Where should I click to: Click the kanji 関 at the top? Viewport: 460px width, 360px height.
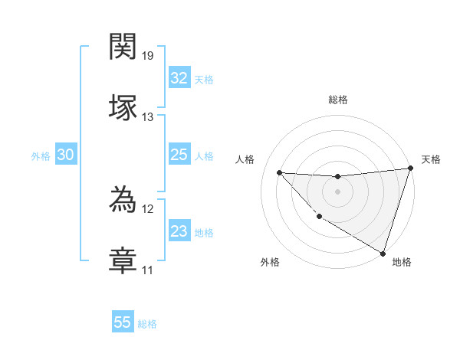pos(123,47)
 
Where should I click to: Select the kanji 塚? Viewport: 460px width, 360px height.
pos(123,106)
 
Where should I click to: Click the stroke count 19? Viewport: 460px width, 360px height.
pos(148,56)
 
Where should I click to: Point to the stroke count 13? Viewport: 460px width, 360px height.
pos(148,116)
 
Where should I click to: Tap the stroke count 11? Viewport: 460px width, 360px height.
pos(148,270)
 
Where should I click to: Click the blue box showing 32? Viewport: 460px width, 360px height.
pos(179,78)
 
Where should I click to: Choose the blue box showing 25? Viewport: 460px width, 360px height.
pos(179,155)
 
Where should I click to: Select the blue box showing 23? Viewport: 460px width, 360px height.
pos(179,232)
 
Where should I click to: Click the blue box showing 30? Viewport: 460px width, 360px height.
pos(66,155)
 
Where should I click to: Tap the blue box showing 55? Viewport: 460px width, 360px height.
pos(123,322)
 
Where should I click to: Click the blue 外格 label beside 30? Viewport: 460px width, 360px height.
pos(41,156)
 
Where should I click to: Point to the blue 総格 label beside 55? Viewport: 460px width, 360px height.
pos(147,324)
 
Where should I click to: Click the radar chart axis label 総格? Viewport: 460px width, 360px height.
pos(337,100)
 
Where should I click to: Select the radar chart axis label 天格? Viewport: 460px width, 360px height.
pos(431,159)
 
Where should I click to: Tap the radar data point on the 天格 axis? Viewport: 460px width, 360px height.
pos(410,169)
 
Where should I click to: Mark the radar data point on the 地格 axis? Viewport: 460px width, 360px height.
pos(382,252)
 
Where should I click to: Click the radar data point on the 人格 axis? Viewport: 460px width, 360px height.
pos(279,172)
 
